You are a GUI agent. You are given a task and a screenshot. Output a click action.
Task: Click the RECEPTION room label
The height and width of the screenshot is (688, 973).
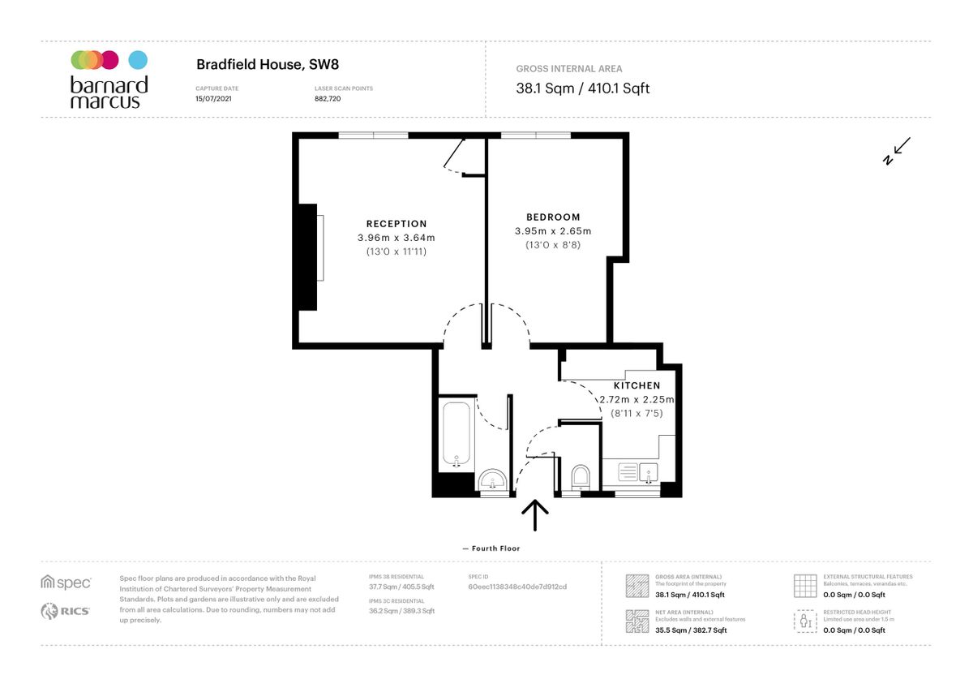coord(396,224)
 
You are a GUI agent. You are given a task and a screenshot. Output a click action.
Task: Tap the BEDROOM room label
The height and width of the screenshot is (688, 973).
coord(553,217)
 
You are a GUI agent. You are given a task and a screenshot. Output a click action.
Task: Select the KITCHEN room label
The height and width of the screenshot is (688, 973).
coord(637,385)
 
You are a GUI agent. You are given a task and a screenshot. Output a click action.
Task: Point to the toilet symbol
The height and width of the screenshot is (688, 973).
coord(581,476)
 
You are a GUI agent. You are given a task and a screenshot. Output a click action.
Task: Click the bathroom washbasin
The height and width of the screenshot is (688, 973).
coord(491,481)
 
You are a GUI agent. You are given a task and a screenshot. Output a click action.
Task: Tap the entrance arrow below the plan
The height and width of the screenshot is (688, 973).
coord(535,516)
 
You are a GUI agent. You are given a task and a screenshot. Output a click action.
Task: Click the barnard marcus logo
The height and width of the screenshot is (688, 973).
coord(109,80)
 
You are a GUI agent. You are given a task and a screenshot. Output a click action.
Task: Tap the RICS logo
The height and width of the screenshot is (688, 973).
coord(66,612)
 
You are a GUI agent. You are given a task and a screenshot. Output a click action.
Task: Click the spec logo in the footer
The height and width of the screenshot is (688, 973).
coord(66,582)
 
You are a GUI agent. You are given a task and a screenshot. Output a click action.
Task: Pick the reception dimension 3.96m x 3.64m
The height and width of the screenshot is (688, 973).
coord(396,238)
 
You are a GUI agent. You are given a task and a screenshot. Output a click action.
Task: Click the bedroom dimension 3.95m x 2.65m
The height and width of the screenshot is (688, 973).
coord(553,231)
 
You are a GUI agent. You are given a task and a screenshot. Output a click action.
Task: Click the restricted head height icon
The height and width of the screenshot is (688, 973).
coord(804,621)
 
